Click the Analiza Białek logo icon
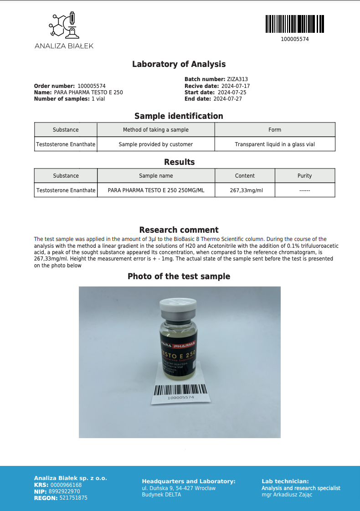(64, 25)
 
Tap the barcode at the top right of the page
(294, 24)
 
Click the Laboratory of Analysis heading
(179, 64)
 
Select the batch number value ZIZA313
(237, 79)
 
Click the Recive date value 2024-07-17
(236, 86)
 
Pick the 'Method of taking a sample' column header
(156, 130)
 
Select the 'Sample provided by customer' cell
(156, 144)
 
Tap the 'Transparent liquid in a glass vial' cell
(275, 144)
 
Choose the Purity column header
(304, 176)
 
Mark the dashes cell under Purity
(304, 190)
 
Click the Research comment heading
(179, 230)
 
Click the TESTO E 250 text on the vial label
(178, 353)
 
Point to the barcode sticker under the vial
(180, 392)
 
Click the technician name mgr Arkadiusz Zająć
(287, 495)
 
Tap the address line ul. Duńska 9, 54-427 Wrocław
(179, 488)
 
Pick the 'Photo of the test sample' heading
(179, 276)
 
